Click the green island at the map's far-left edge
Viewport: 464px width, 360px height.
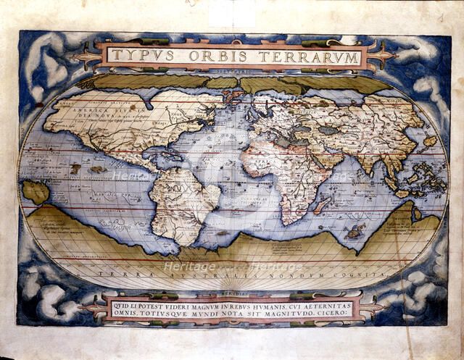click(x=35, y=192)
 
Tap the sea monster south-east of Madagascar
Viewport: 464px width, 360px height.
click(x=354, y=233)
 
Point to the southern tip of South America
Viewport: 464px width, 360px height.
click(x=178, y=243)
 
